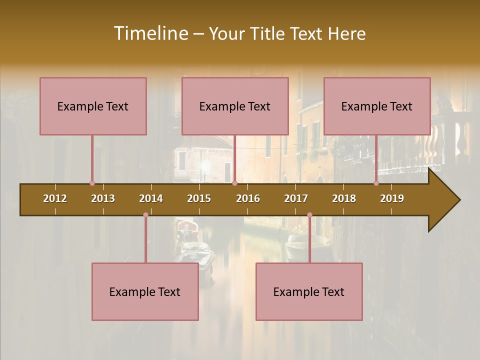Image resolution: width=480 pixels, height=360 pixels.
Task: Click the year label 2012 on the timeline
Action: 55,198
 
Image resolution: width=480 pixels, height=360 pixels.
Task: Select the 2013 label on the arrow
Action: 103,198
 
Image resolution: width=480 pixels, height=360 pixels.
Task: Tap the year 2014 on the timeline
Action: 151,198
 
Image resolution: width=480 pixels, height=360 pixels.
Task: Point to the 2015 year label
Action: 199,198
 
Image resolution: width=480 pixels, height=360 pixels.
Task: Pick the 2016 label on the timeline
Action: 248,198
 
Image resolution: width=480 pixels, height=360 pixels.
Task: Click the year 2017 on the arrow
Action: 296,198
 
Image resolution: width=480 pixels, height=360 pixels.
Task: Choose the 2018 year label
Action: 344,198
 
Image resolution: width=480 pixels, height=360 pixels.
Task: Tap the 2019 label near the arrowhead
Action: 392,198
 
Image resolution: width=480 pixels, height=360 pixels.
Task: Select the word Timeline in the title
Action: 150,33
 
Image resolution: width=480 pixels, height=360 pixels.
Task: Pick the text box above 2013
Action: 93,106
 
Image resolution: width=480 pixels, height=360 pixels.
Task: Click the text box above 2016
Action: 235,106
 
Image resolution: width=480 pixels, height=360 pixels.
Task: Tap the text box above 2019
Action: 377,106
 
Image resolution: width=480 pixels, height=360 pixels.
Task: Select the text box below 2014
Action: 145,291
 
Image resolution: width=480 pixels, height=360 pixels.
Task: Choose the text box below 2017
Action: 309,291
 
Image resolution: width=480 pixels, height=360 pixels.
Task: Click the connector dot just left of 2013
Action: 92,183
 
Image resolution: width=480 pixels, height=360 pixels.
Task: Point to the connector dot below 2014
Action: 145,215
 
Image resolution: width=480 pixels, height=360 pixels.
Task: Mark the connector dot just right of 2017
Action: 309,215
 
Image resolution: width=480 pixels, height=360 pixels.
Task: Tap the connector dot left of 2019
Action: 376,183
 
